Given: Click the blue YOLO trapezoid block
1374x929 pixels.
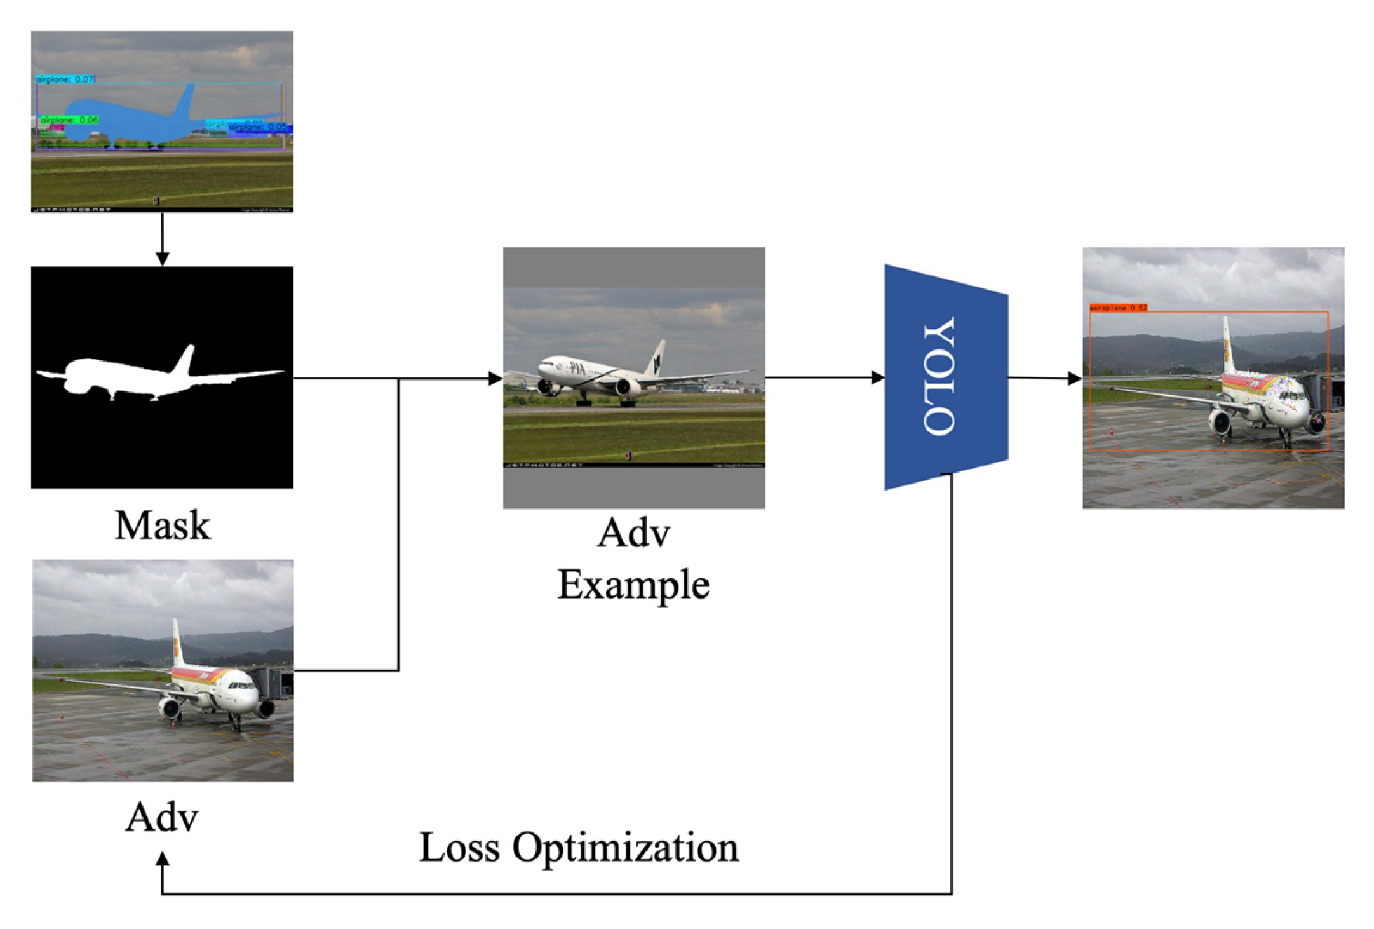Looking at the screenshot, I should pyautogui.click(x=945, y=377).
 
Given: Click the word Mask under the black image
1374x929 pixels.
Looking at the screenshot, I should pyautogui.click(x=162, y=526).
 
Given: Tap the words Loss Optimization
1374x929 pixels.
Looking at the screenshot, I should pyautogui.click(x=579, y=848).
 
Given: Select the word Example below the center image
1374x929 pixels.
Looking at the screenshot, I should pyautogui.click(x=633, y=585).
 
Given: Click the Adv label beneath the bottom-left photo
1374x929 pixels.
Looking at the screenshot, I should pyautogui.click(x=162, y=817).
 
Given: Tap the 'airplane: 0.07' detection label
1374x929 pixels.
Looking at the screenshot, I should pyautogui.click(x=65, y=79).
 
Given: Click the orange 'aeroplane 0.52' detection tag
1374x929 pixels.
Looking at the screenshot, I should pyautogui.click(x=1118, y=308).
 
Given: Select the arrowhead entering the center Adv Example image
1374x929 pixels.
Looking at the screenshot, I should pyautogui.click(x=495, y=379).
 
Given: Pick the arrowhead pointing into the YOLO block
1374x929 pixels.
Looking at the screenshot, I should pyautogui.click(x=877, y=377).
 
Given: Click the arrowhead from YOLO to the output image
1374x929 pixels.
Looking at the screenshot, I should pyautogui.click(x=1075, y=379).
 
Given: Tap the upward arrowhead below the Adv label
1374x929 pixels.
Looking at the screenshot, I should pyautogui.click(x=162, y=859).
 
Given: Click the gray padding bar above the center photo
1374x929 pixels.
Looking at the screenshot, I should pyautogui.click(x=633, y=267).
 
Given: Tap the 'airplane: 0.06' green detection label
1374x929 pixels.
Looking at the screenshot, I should pyautogui.click(x=69, y=119).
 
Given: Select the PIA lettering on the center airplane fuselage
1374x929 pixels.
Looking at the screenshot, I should pyautogui.click(x=577, y=368).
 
